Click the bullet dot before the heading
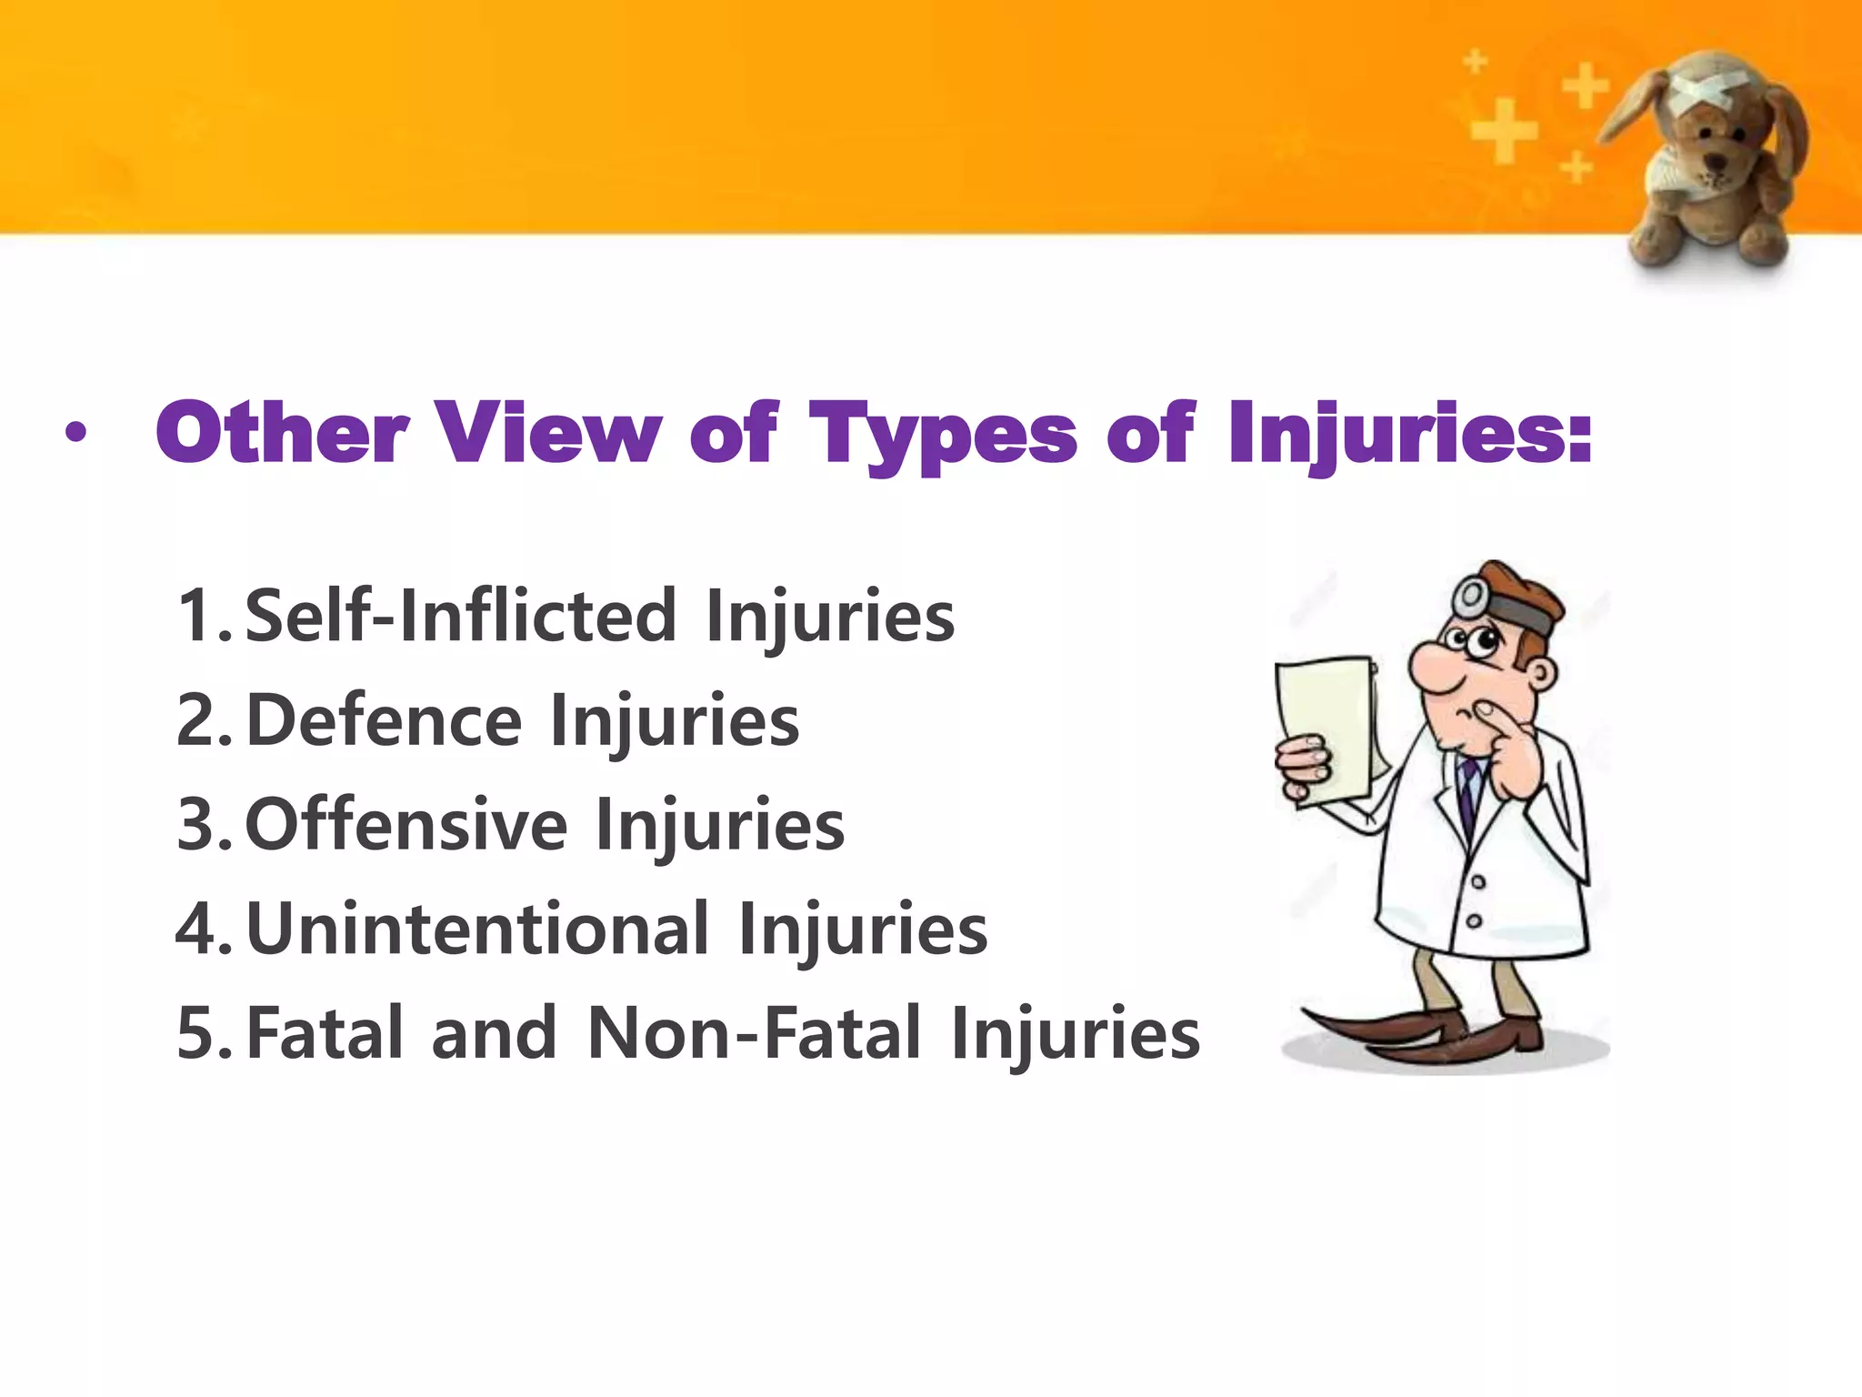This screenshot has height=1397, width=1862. [x=76, y=435]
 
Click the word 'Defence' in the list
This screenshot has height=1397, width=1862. [x=384, y=720]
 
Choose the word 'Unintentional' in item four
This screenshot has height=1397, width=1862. [x=476, y=930]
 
